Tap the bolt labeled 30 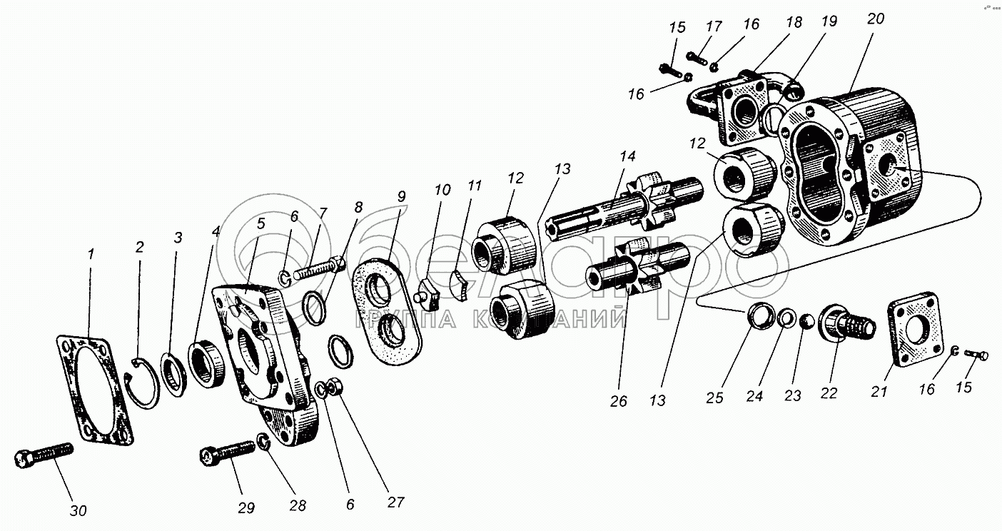click(x=44, y=455)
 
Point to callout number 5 click(x=260, y=222)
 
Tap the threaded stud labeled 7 click(x=318, y=270)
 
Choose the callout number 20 click(x=876, y=19)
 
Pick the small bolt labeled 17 click(x=697, y=55)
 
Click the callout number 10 click(x=442, y=190)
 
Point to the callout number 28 click(x=297, y=505)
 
